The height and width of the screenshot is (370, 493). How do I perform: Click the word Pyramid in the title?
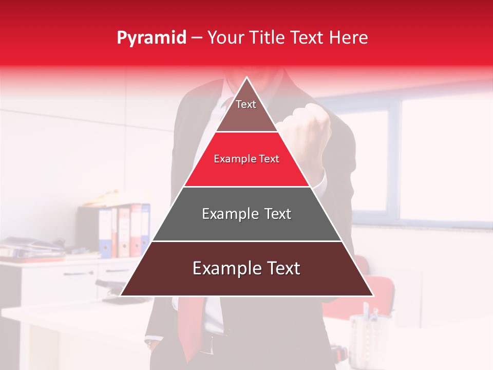151,38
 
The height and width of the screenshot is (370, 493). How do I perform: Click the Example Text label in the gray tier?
246,214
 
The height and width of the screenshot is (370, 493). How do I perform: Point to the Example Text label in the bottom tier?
246,268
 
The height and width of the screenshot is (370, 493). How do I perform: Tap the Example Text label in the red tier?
246,159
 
